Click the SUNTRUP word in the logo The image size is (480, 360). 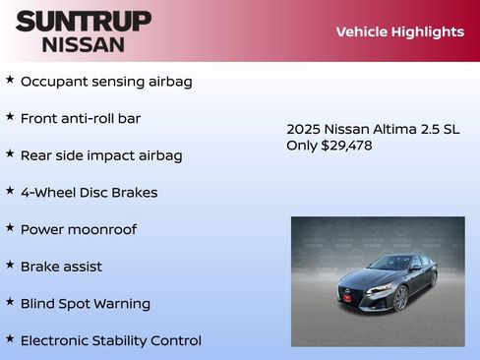84,21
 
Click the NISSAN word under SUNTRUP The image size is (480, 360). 84,44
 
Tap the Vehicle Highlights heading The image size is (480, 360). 399,31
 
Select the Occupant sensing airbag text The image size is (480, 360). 106,82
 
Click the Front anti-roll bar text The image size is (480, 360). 81,118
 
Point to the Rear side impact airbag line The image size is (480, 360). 101,155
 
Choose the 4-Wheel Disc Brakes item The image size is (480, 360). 89,192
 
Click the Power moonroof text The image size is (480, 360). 79,229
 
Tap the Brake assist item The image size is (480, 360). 61,267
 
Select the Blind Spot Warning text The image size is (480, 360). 86,303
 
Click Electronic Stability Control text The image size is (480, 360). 111,340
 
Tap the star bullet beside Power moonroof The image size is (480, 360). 10,227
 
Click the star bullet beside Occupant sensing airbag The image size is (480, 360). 10,80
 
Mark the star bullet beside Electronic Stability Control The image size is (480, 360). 10,338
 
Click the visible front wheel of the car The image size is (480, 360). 401,297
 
